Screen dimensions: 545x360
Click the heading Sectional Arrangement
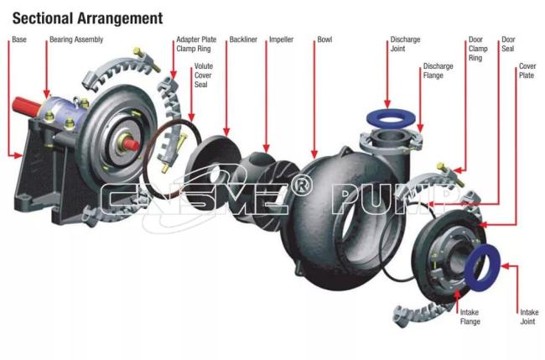pyautogui.click(x=87, y=18)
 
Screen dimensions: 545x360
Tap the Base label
pyautogui.click(x=19, y=39)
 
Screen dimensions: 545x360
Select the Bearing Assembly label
pyautogui.click(x=76, y=39)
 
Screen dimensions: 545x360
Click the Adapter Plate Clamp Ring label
pyautogui.click(x=196, y=44)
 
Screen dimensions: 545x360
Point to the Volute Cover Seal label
pyautogui.click(x=204, y=76)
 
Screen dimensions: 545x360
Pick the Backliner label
pyautogui.click(x=243, y=39)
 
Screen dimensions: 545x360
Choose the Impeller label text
pyautogui.click(x=281, y=39)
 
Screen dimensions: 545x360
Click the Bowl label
pyautogui.click(x=324, y=39)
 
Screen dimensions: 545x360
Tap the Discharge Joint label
pyautogui.click(x=405, y=44)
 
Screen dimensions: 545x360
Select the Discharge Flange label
pyautogui.click(x=438, y=70)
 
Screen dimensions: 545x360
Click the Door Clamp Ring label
pyautogui.click(x=478, y=49)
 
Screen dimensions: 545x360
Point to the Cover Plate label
pyautogui.click(x=527, y=70)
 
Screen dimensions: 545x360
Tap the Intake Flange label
pyautogui.click(x=470, y=317)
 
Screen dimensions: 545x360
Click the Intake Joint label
pyautogui.click(x=529, y=317)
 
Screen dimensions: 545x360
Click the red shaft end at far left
pyautogui.click(x=27, y=106)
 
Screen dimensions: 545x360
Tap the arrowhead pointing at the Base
pyautogui.click(x=18, y=155)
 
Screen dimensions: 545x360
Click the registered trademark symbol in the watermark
pyautogui.click(x=300, y=185)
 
